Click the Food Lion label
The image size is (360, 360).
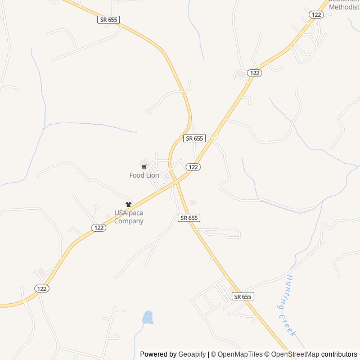coord(144,175)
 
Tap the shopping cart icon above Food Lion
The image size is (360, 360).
coord(144,167)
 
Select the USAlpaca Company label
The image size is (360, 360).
coord(129,217)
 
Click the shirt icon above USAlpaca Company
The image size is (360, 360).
coord(128,205)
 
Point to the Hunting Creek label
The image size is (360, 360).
coord(290,306)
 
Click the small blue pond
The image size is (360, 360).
coord(148,318)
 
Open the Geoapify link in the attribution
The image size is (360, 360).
coord(192,354)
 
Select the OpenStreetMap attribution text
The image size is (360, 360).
coord(295,354)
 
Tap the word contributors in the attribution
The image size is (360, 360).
coord(339,354)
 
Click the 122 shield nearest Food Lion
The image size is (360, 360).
coord(193,167)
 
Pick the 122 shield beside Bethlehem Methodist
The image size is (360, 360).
coord(316,15)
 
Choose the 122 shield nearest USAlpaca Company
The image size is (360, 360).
coord(98,227)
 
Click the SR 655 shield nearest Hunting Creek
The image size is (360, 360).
coord(242,296)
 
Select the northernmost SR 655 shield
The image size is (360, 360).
coord(108,20)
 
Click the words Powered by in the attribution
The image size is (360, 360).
coord(157,354)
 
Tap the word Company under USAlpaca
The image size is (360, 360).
coord(129,221)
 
